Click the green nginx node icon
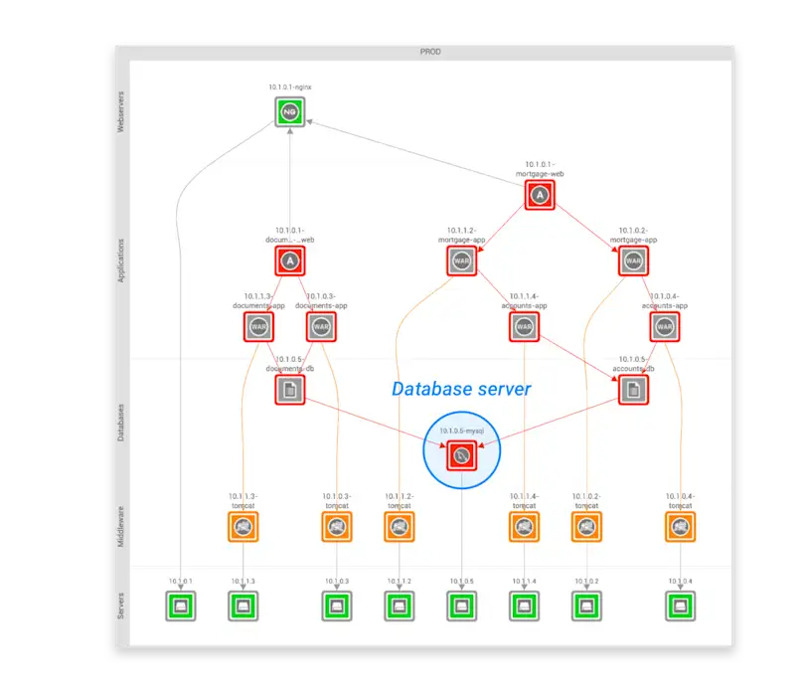(289, 111)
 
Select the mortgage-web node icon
(540, 195)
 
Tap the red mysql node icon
(461, 456)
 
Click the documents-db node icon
(289, 390)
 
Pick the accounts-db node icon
(633, 390)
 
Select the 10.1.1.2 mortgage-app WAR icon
(461, 261)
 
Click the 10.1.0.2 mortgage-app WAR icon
(633, 261)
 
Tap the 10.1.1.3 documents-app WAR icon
(258, 326)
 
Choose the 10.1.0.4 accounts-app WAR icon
(665, 326)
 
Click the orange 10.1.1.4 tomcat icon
(524, 527)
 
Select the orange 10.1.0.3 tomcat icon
(337, 527)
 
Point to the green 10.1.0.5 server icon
(461, 605)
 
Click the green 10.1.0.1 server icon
(180, 605)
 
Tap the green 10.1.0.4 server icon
(680, 605)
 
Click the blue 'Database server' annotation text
(461, 389)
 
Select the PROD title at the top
(430, 51)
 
